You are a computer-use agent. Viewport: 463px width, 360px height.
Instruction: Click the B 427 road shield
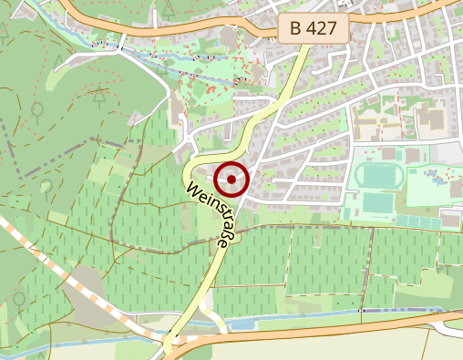point(314,30)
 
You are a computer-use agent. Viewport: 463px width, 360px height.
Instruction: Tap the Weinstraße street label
point(209,219)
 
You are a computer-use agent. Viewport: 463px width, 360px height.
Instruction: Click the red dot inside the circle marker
point(232,180)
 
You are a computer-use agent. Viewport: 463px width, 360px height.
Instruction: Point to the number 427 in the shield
point(323,30)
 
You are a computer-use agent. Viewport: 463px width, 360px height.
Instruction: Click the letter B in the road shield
point(296,30)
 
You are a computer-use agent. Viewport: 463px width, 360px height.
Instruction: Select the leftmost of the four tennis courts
point(402,221)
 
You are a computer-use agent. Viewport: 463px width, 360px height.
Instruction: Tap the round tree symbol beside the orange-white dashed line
point(19,298)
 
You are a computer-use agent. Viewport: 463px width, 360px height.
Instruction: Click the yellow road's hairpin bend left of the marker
point(188,170)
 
